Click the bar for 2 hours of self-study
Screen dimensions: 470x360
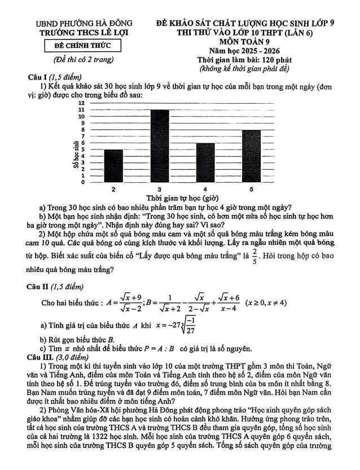[114, 166]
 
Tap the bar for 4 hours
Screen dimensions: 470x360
[205, 162]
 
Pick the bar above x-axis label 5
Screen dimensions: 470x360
[251, 156]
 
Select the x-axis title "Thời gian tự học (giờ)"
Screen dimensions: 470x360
[182, 198]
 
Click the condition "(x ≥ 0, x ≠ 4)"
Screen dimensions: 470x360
[266, 302]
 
